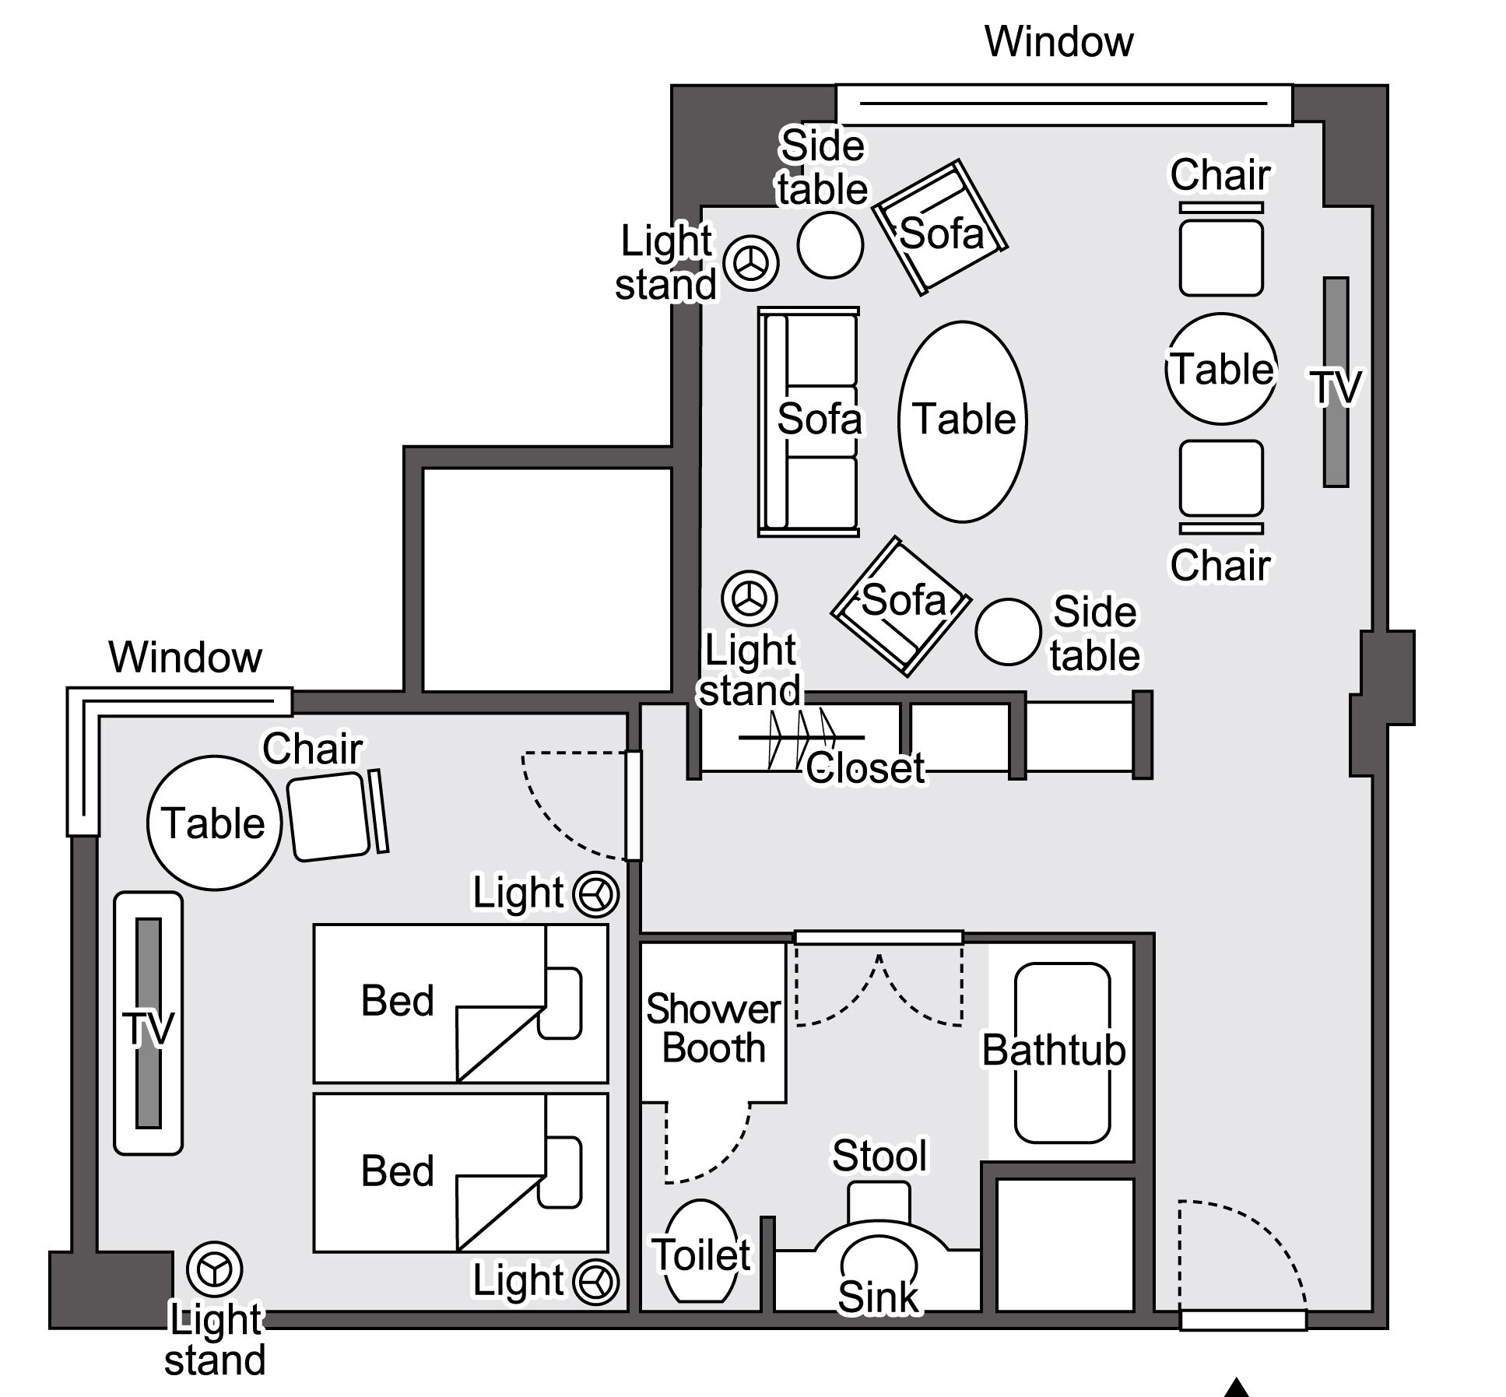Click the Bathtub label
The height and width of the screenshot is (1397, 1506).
(x=1053, y=1050)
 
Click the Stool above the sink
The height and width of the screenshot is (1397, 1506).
(x=879, y=1202)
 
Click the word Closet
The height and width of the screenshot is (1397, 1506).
(x=865, y=768)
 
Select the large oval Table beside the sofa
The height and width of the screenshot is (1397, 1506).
(x=963, y=420)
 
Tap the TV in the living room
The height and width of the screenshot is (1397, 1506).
(x=1336, y=382)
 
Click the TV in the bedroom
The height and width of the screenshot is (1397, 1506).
(x=149, y=1023)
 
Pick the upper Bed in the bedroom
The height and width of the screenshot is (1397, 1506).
(x=460, y=1003)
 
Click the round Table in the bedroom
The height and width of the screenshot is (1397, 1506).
(x=214, y=823)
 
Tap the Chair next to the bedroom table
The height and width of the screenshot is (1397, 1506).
(x=330, y=816)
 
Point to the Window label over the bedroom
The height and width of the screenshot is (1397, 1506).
(x=185, y=657)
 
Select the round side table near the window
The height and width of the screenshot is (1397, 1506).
(x=830, y=244)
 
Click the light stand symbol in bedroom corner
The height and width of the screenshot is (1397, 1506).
(x=214, y=1270)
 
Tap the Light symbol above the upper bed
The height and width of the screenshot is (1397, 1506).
(x=596, y=893)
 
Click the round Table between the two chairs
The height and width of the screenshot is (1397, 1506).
(x=1221, y=369)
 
